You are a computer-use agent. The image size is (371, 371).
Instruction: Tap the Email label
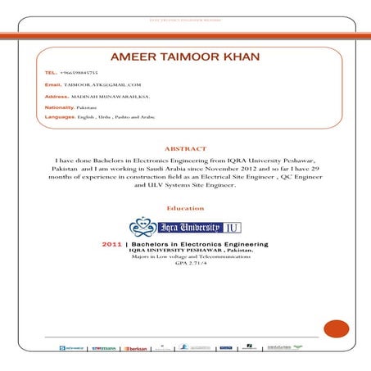(x=53, y=84)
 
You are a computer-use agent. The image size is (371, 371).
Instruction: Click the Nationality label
(x=60, y=107)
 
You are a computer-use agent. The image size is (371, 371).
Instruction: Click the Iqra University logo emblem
(x=143, y=226)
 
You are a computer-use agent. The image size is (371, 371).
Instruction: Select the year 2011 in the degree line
(x=111, y=244)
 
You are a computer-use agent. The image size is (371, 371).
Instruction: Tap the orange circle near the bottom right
(x=336, y=328)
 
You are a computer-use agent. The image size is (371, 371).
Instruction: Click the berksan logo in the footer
(x=136, y=348)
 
